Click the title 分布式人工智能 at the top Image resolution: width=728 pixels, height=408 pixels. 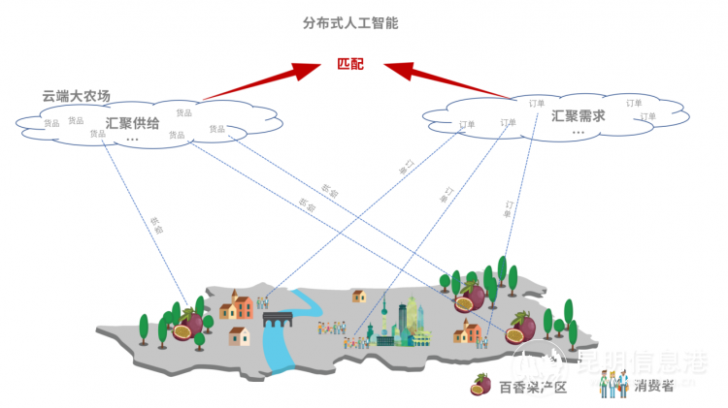pos(349,21)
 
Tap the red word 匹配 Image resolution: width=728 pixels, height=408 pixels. pos(351,64)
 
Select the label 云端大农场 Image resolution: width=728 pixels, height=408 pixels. pos(76,96)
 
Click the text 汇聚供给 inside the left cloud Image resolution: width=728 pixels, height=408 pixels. pos(132,123)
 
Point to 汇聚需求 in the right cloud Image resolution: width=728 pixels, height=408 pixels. pos(578,115)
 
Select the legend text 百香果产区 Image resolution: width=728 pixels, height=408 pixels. pos(532,387)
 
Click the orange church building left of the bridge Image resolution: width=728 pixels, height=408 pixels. pos(237,306)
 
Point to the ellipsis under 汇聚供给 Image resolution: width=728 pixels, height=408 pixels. pos(132,140)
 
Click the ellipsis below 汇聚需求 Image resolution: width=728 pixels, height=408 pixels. pos(578,133)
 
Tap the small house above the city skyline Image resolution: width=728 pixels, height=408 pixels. pos(358,295)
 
